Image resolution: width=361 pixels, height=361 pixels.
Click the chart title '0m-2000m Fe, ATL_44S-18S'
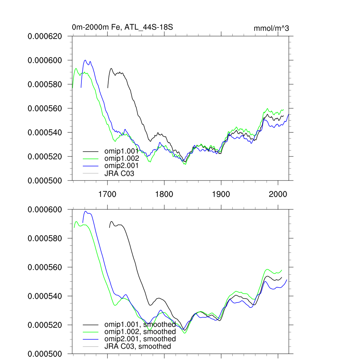[x=122, y=27]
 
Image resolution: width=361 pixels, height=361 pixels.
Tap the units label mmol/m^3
[x=271, y=29]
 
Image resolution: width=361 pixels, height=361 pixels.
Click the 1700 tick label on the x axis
[x=107, y=194]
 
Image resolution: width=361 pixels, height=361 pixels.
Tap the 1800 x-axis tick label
[x=164, y=194]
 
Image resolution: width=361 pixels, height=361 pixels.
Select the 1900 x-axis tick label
[x=221, y=194]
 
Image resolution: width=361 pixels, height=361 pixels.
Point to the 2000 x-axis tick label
[x=277, y=194]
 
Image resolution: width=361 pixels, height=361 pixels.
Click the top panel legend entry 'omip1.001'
[x=121, y=151]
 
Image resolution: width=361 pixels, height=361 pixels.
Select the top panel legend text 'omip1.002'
[x=121, y=158]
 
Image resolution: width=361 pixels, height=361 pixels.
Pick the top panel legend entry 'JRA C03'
[x=119, y=173]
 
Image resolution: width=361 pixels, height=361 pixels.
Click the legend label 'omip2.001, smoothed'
[x=140, y=339]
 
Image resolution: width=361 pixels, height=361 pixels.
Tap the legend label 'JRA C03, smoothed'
[x=137, y=346]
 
